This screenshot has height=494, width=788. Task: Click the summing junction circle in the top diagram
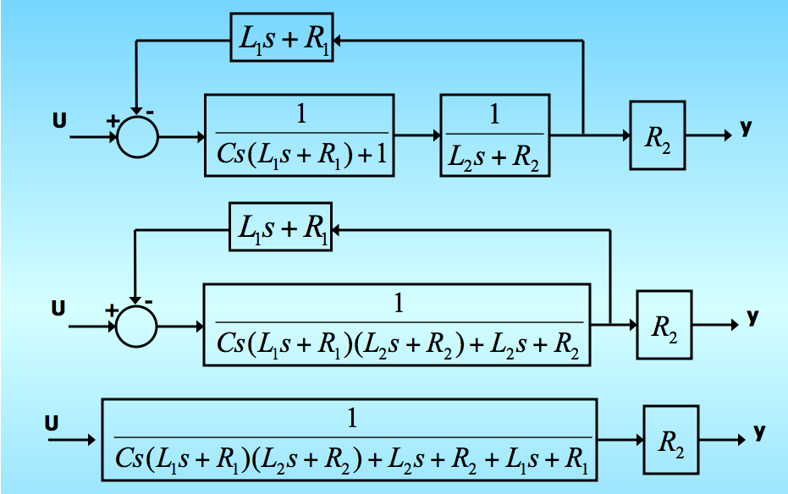[x=137, y=136]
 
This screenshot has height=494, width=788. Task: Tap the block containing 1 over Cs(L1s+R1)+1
[x=300, y=135]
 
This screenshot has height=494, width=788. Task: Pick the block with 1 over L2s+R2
[x=495, y=135]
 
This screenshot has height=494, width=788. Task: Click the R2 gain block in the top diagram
[x=657, y=135]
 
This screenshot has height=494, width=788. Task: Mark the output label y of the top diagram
[x=745, y=128]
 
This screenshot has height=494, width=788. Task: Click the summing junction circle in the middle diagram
[x=137, y=325]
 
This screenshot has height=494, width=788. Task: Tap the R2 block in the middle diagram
[x=664, y=325]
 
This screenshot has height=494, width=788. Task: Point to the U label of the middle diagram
[x=58, y=309]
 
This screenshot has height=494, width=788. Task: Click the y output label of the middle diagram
[x=752, y=317]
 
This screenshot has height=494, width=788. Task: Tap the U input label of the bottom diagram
[x=52, y=421]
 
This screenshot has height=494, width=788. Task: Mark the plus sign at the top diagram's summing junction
[x=111, y=121]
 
